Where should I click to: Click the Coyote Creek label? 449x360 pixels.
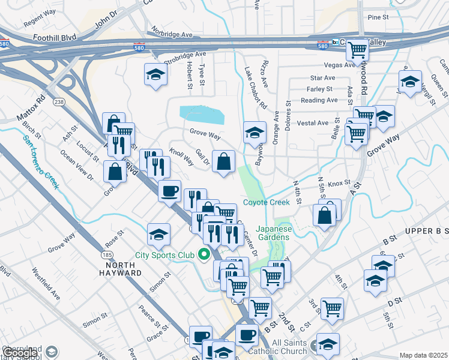point(266,202)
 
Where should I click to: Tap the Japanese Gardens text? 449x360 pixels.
point(273,233)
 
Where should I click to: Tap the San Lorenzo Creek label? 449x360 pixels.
point(41,161)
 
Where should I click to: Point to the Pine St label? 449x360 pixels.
point(379,17)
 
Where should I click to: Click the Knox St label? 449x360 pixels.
point(339,182)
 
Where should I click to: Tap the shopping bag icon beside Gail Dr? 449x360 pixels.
point(223,161)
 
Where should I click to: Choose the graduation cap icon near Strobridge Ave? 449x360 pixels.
point(155,74)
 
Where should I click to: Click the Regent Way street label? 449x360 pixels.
point(41,22)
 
